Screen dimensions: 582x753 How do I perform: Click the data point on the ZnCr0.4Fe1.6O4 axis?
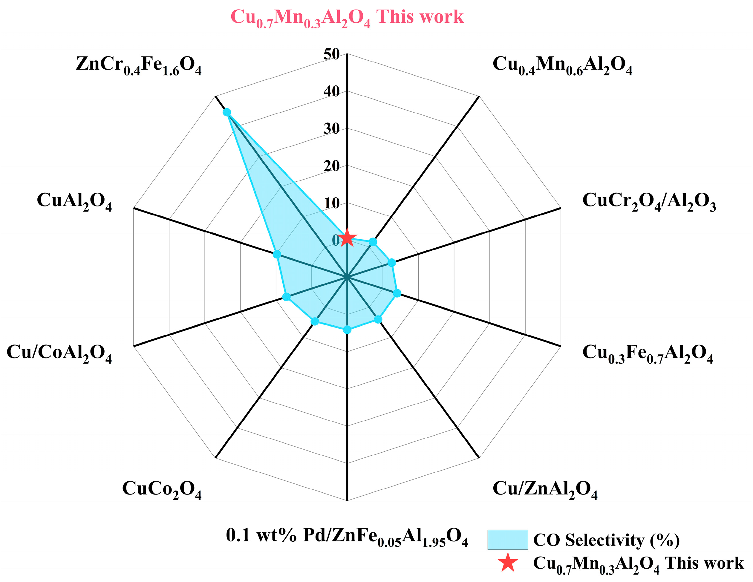(x=226, y=112)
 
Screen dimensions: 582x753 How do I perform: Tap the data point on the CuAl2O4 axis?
(x=276, y=255)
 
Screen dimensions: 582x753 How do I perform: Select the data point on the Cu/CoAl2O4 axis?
(x=286, y=296)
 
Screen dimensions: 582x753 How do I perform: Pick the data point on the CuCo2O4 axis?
(x=314, y=321)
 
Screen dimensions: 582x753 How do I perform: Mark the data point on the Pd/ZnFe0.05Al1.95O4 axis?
(x=347, y=330)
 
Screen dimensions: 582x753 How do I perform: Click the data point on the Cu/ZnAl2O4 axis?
(x=378, y=320)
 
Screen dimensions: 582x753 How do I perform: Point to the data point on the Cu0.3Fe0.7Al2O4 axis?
(x=397, y=293)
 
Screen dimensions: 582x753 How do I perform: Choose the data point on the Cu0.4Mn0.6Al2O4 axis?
(x=373, y=242)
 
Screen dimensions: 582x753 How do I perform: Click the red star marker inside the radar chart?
(x=347, y=238)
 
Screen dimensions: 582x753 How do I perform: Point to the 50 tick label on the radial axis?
(x=331, y=54)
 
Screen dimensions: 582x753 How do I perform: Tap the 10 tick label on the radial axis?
(x=331, y=203)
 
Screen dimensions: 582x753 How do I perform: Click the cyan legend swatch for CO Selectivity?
(x=507, y=540)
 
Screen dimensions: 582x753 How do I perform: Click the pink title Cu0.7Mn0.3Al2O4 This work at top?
(x=347, y=17)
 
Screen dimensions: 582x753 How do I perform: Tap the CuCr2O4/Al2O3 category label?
(x=649, y=201)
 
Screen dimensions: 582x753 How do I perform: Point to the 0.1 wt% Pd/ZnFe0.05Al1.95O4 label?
(x=347, y=537)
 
